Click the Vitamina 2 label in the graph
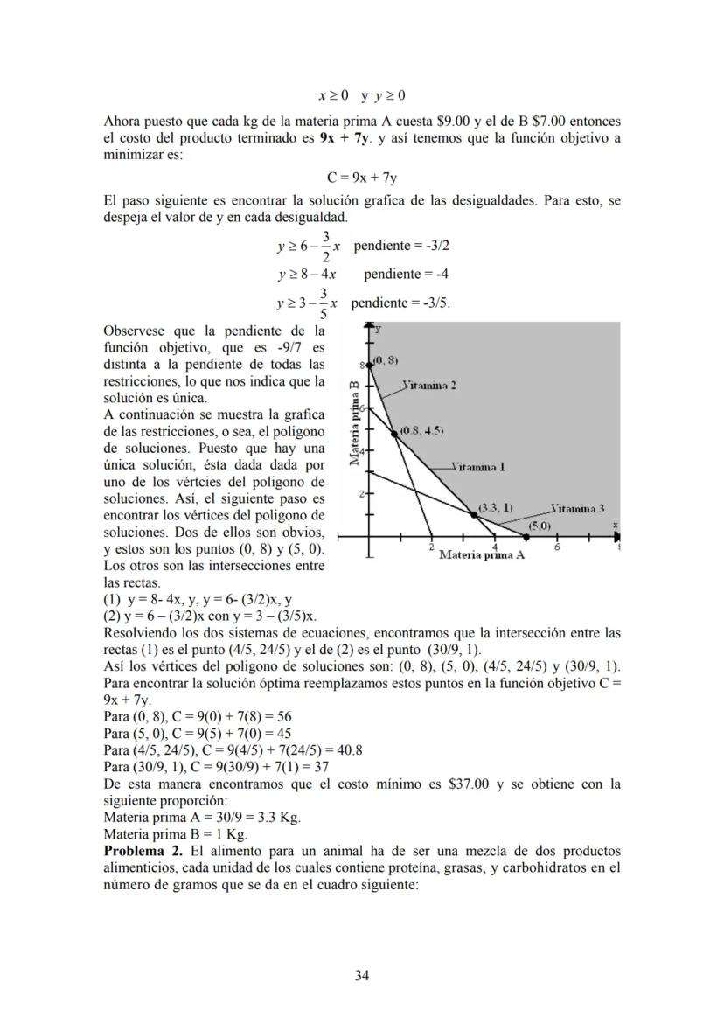pos(429,385)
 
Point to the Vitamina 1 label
pos(478,467)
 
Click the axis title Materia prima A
pos(481,554)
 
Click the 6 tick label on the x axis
pos(557,547)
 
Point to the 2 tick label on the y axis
pos(361,495)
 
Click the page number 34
pos(362,975)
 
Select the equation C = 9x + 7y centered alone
pos(362,178)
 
